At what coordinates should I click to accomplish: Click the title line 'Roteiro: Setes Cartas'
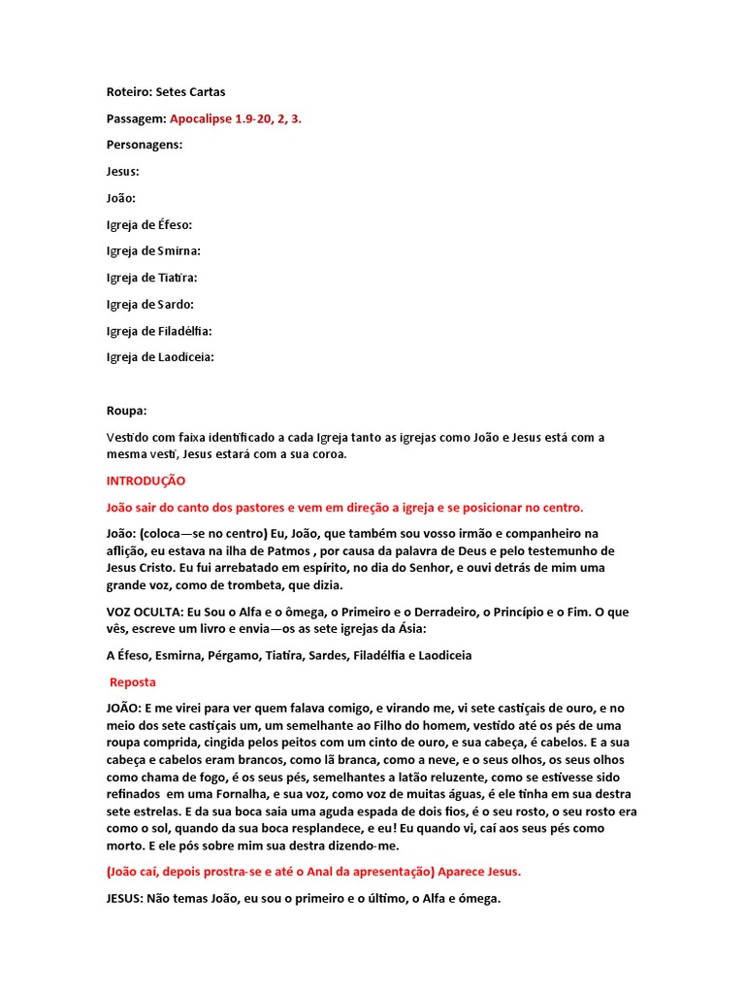(x=165, y=92)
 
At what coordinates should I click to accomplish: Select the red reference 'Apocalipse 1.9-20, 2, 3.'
(x=242, y=118)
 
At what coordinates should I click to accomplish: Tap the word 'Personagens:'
(x=144, y=145)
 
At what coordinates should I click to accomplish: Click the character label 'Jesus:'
(x=122, y=171)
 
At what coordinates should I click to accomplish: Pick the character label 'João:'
(x=121, y=198)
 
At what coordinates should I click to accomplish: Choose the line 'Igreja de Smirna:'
(x=153, y=250)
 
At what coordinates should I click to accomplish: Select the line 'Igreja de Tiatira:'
(x=151, y=278)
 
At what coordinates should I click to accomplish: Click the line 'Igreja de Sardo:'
(x=150, y=304)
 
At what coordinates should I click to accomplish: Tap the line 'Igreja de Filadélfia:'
(x=159, y=331)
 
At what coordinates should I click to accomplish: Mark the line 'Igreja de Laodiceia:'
(x=160, y=357)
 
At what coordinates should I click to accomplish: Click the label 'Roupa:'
(x=126, y=411)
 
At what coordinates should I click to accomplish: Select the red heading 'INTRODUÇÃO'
(x=146, y=480)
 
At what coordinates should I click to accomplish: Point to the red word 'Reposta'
(x=133, y=682)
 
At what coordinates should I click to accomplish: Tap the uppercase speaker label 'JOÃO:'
(x=124, y=710)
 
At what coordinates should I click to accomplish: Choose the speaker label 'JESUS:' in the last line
(x=125, y=899)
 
